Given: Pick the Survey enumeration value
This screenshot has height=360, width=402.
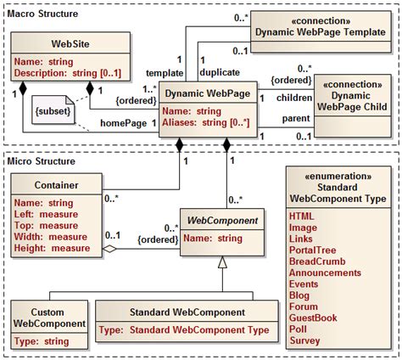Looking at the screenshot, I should tap(305, 340).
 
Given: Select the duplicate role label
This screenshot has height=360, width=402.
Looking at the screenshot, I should tap(219, 72).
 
